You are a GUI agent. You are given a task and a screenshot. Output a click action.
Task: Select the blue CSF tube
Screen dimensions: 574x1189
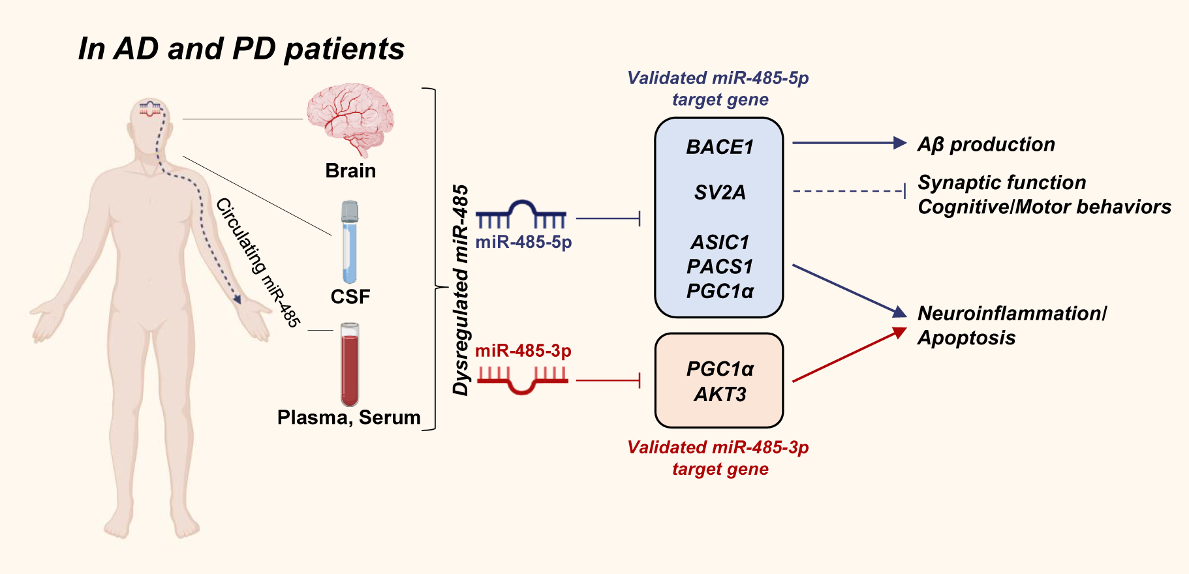point(350,241)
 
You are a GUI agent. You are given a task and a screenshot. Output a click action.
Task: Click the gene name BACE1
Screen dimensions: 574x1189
point(719,147)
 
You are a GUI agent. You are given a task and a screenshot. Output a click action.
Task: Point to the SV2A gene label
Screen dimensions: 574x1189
point(719,192)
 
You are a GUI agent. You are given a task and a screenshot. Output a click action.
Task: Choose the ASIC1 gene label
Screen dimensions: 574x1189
point(719,242)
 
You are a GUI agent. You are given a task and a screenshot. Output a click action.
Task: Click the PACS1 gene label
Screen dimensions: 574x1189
point(719,266)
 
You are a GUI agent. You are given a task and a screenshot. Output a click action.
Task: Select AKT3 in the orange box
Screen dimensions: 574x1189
point(719,394)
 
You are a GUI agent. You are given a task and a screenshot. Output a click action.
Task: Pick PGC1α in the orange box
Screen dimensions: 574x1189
point(719,369)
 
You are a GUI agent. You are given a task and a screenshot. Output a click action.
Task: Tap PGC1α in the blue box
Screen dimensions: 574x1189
point(719,291)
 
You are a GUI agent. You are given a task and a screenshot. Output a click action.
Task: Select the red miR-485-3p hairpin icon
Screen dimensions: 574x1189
point(522,380)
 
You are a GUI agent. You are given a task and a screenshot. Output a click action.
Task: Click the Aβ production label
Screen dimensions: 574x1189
point(985,144)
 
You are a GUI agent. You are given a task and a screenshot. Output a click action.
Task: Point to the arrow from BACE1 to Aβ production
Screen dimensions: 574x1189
point(848,143)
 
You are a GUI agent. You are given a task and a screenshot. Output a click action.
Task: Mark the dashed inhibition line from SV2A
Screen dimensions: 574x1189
point(848,191)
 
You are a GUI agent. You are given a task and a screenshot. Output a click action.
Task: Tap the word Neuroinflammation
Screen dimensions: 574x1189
point(1011,314)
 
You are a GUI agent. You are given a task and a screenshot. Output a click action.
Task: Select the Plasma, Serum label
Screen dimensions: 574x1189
point(348,417)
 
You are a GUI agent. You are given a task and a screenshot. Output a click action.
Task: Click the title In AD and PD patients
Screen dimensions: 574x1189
point(241,49)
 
